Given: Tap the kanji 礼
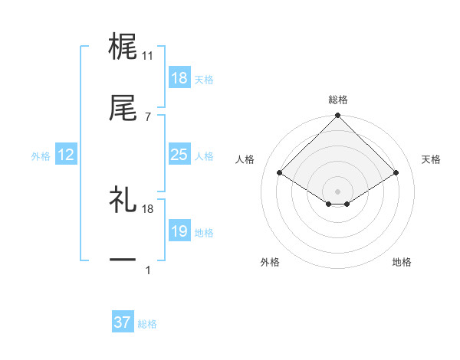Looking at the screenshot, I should (x=123, y=201).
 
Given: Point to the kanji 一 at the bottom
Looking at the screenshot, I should (x=123, y=261).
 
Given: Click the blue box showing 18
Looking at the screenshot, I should (x=179, y=78).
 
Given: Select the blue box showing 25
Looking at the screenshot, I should (x=179, y=155).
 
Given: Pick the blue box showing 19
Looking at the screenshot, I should (x=179, y=231).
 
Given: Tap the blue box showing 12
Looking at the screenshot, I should (x=66, y=155).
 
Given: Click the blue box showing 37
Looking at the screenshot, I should (x=122, y=322).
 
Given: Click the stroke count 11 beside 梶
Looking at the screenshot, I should (x=148, y=56).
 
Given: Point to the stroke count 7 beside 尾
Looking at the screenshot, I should (x=148, y=117).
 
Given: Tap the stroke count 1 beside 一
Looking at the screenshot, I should (x=148, y=270).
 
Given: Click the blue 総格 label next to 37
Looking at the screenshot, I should (x=147, y=324).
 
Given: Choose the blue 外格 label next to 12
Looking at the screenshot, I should (x=41, y=155).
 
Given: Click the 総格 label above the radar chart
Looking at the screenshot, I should (x=338, y=100).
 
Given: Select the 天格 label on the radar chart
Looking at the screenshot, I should (x=432, y=159).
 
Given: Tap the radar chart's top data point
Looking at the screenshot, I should (x=338, y=116).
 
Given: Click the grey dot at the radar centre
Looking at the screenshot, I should (x=338, y=191).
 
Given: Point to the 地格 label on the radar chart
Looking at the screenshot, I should (x=402, y=262).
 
